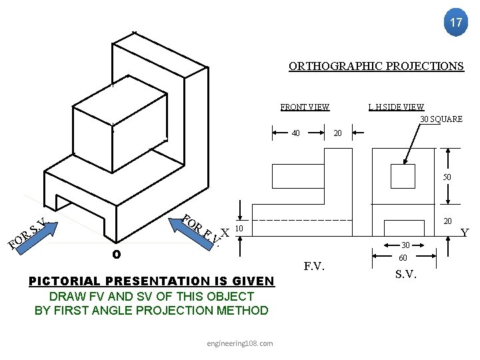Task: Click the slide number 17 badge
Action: point(455,23)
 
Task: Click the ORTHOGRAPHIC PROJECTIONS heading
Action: point(376,66)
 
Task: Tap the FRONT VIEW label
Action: point(305,107)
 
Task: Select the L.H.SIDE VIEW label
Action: point(395,107)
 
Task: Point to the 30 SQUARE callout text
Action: point(441,119)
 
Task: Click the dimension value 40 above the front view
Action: point(296,133)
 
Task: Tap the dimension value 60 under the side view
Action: point(403,257)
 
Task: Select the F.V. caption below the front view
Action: point(315,267)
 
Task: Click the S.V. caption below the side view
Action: point(407,273)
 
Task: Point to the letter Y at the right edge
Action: point(465,232)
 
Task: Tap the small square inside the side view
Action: point(403,177)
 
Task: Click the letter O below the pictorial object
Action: point(116,254)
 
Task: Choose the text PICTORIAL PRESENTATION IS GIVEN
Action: point(151,281)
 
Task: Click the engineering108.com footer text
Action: point(239,343)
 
